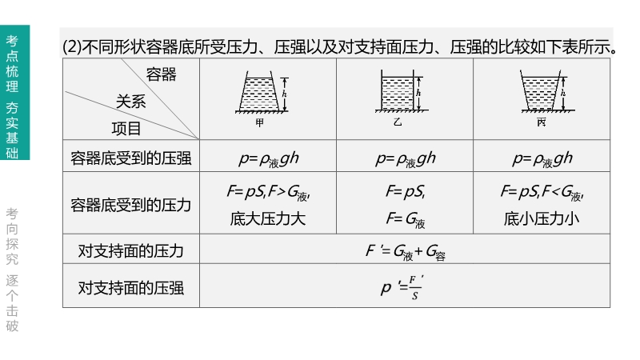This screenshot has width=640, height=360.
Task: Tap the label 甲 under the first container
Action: (x=259, y=122)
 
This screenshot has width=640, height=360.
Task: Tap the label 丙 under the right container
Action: (x=542, y=122)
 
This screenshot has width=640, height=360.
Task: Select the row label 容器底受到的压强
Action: (x=131, y=158)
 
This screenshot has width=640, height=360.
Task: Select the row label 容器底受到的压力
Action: (x=131, y=205)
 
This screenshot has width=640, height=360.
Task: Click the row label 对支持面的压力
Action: (x=131, y=251)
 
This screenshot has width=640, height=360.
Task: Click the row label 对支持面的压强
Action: (x=131, y=287)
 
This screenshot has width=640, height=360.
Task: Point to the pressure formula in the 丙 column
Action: (x=542, y=158)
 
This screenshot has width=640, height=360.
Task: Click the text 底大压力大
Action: (x=267, y=218)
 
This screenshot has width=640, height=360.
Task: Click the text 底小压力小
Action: (x=542, y=218)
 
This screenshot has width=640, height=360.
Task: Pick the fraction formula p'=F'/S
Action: (x=405, y=287)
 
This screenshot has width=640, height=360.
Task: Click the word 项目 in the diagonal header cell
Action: (x=126, y=128)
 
